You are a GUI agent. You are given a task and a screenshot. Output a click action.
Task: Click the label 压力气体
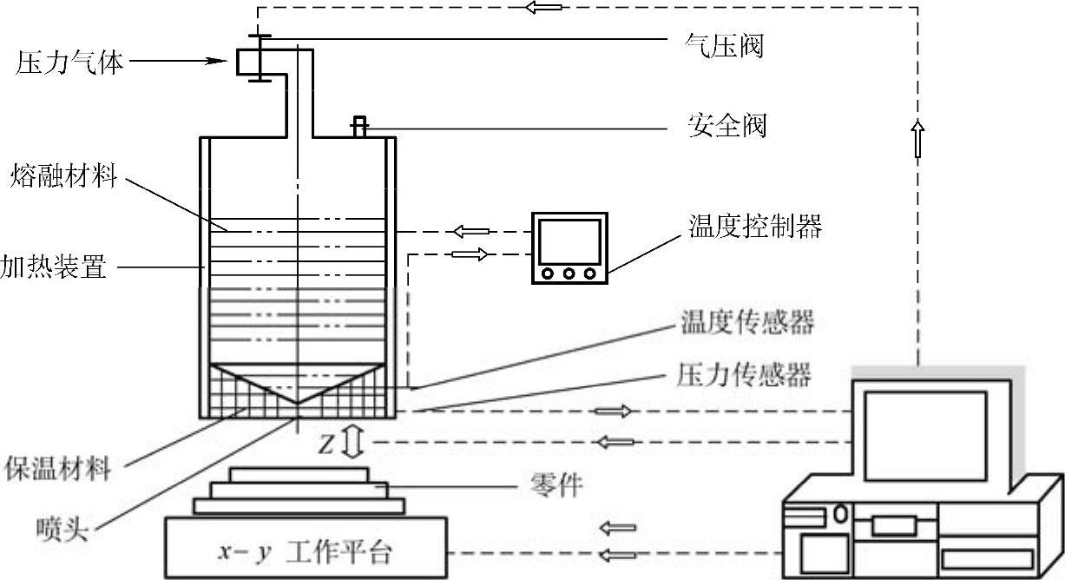[x=69, y=63]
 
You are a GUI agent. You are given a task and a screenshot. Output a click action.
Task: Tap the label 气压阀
[x=723, y=45]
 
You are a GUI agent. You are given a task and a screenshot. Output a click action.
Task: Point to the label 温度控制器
[x=752, y=228]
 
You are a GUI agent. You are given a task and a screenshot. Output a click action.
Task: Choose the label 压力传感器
[x=742, y=375]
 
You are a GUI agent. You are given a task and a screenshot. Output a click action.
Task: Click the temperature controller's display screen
[x=569, y=241]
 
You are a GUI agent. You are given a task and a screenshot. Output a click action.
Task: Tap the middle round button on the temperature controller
[x=569, y=274]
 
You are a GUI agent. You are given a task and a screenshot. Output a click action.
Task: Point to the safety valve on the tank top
[x=358, y=127]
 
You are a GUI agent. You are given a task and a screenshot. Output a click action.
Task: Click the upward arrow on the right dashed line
[x=917, y=139]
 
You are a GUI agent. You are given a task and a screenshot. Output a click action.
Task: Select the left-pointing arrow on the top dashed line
[x=542, y=8]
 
